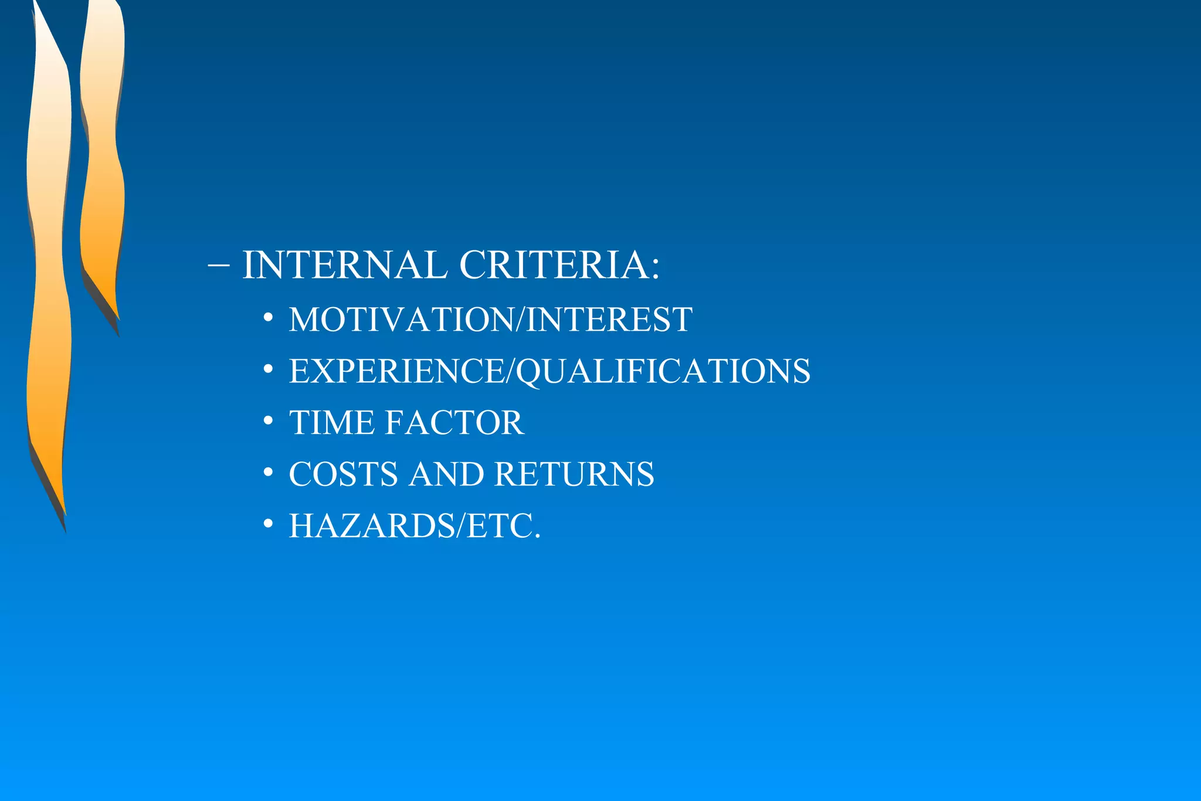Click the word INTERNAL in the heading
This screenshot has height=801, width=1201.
pos(345,265)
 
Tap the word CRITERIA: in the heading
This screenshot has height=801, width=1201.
pos(559,265)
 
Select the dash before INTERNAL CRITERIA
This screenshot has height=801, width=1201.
pos(218,265)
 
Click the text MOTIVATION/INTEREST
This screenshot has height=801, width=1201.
pos(490,320)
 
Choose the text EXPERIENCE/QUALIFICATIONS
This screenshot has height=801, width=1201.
pos(549,371)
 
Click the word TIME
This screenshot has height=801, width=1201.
pos(332,423)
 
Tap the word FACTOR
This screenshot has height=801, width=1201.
pos(455,423)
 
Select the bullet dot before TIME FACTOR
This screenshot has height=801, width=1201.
pos(268,421)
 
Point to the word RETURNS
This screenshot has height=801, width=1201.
pos(574,474)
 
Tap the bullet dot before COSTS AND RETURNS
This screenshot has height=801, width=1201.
pos(268,473)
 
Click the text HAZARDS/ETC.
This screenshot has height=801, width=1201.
pos(415,526)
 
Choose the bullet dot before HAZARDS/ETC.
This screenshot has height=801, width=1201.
pos(268,524)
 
